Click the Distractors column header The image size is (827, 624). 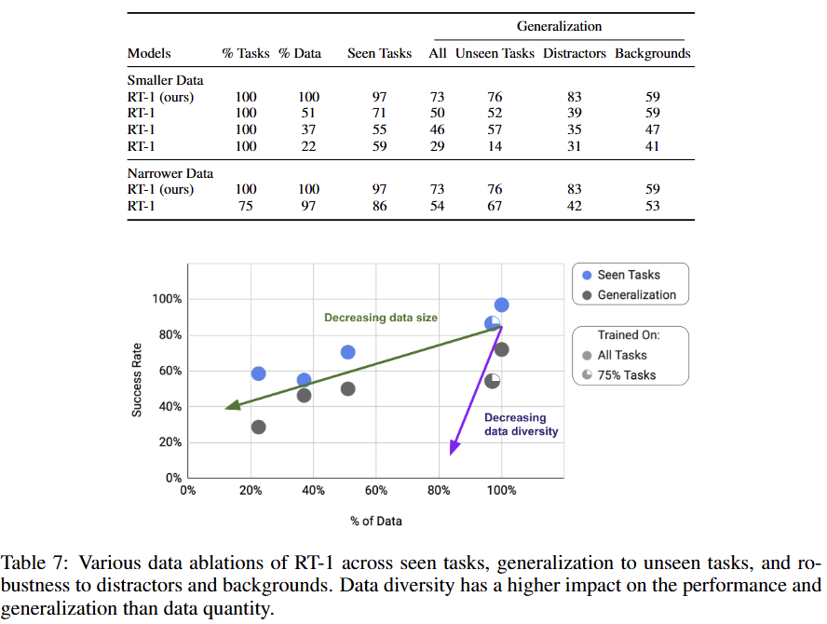point(574,53)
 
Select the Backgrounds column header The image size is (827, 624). point(652,53)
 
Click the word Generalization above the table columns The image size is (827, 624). point(559,26)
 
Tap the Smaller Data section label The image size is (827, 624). point(165,80)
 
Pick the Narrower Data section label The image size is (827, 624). point(169,173)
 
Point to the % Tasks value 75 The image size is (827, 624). point(246,206)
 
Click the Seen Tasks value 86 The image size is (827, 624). point(379,206)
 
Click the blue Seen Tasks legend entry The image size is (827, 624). point(629,275)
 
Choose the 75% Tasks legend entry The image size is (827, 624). point(625,375)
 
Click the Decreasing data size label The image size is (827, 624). point(380,318)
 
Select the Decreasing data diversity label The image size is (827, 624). point(521,425)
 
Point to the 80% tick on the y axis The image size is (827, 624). point(168,335)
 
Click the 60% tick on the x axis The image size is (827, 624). point(375,491)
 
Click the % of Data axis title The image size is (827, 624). point(376,521)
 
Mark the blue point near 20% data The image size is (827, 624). point(259,373)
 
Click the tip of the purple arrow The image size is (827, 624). point(451,454)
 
